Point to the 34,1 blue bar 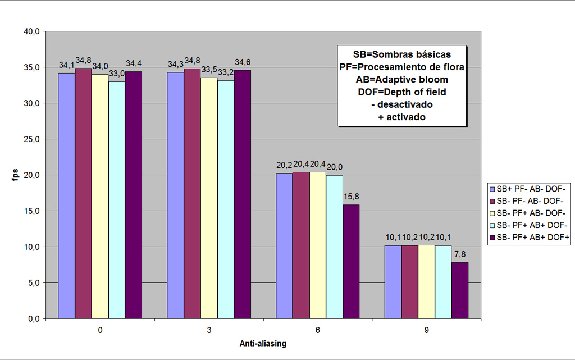(x=67, y=195)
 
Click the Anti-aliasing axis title (x=263, y=344)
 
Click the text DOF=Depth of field (x=402, y=92)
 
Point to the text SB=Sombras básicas (x=402, y=54)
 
